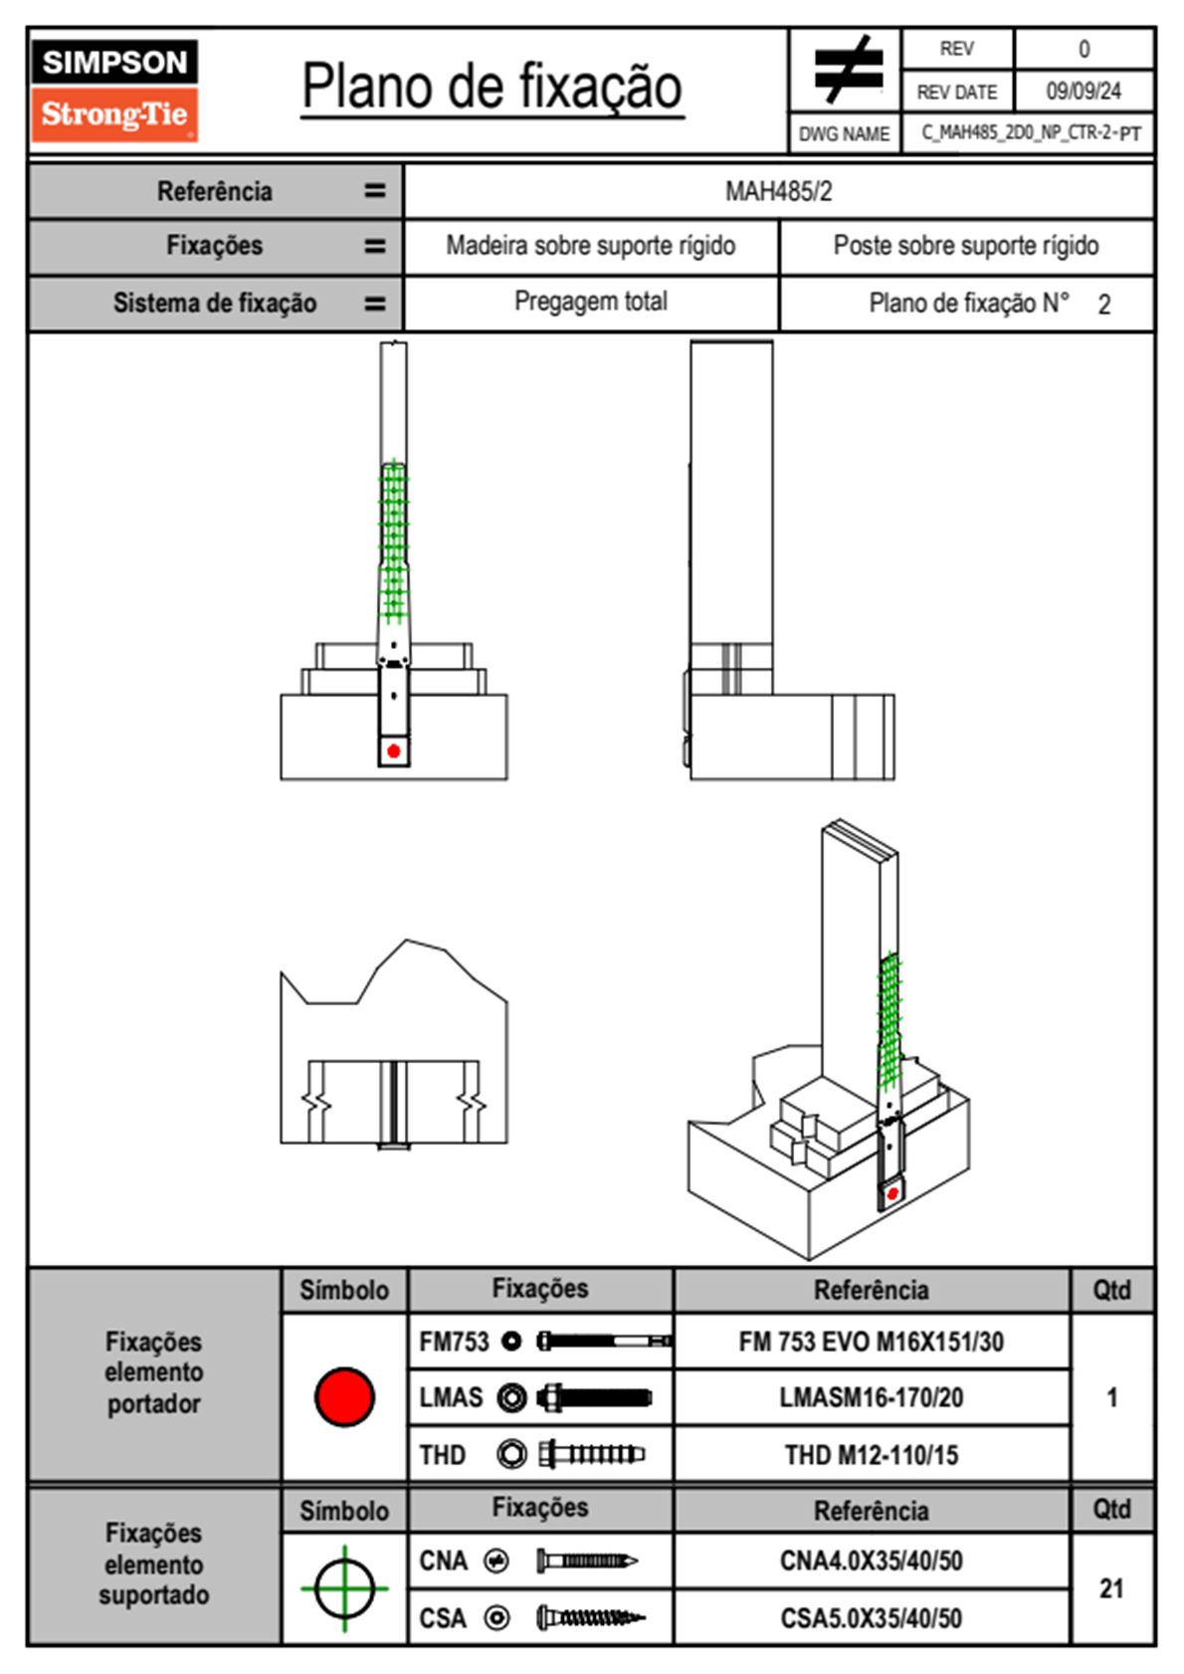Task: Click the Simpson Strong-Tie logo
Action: [114, 90]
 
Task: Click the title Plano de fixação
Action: [492, 87]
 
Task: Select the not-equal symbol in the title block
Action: [847, 70]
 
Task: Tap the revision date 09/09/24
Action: [1083, 92]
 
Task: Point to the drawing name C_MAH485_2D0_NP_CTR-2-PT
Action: [1030, 133]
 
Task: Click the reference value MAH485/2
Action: [778, 191]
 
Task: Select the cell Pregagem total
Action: [590, 302]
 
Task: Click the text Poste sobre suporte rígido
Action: [965, 246]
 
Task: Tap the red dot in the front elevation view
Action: [394, 750]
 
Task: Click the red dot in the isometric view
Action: [892, 1193]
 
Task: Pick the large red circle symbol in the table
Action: [344, 1396]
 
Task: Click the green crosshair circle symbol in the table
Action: [344, 1588]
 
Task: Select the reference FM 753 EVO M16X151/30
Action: [871, 1342]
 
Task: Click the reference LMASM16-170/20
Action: [871, 1397]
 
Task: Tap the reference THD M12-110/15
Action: [871, 1455]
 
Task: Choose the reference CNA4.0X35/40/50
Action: [871, 1561]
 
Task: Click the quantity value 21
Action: [1111, 1588]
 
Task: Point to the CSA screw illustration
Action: [590, 1618]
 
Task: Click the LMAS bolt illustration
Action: [594, 1397]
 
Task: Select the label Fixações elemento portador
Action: [154, 1372]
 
